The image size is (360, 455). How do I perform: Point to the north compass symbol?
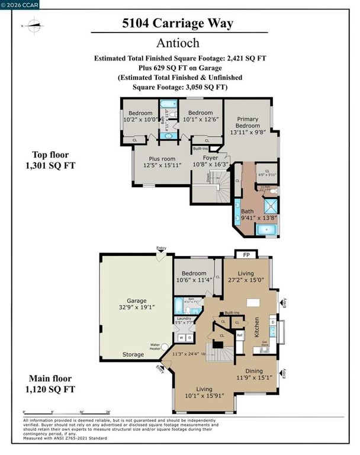coord(34,25)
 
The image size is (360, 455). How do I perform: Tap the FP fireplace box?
coord(246,255)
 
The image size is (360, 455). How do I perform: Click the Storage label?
coord(133,354)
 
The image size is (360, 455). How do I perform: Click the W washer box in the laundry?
coord(181,338)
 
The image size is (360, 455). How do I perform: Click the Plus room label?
coord(161,161)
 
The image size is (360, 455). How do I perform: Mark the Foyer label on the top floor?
coord(210,158)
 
